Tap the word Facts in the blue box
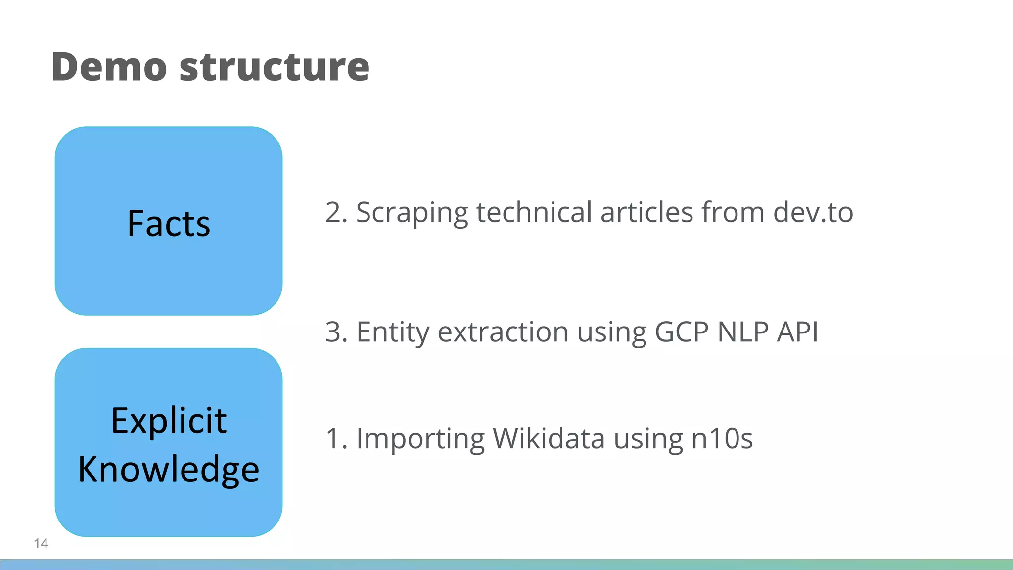[169, 224]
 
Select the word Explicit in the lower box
[169, 421]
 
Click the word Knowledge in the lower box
[169, 469]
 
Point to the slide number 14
[41, 543]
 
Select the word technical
[534, 213]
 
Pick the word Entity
[393, 332]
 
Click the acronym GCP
[681, 332]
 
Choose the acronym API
[797, 332]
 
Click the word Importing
[420, 439]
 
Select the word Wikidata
[549, 439]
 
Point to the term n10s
[722, 439]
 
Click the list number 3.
[334, 332]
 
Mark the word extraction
[503, 332]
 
